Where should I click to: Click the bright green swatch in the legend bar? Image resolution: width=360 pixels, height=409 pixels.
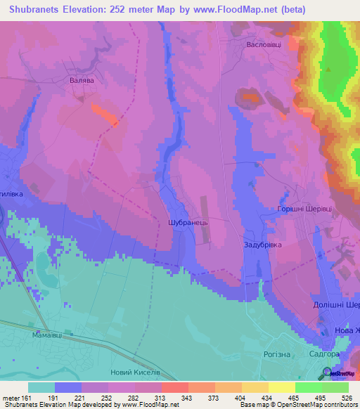[308, 387]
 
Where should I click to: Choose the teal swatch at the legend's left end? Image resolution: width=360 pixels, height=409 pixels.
[41, 387]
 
